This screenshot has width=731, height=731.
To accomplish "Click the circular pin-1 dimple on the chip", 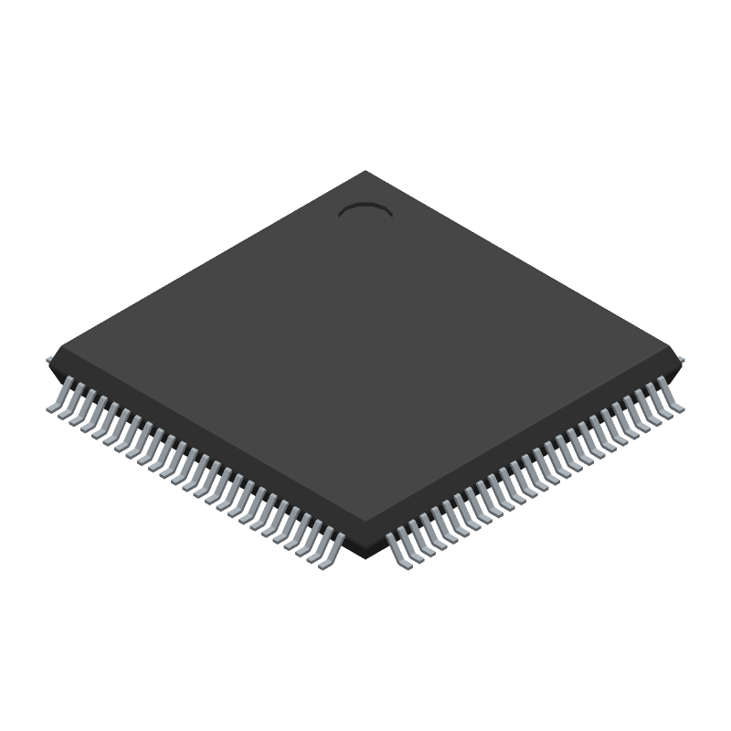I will [365, 211].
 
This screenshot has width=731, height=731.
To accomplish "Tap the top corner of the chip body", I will [366, 171].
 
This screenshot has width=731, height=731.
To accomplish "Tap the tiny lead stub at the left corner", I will [49, 360].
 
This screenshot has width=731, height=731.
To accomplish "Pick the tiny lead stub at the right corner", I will [682, 360].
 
